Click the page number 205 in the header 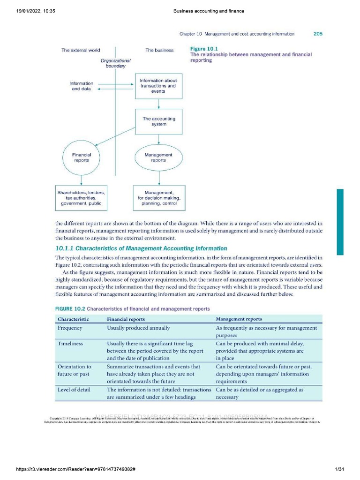pyautogui.click(x=317, y=34)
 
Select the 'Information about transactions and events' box pyautogui.click(x=158, y=86)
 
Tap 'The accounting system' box pyautogui.click(x=159, y=121)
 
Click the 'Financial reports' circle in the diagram pyautogui.click(x=82, y=157)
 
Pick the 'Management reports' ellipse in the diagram pyautogui.click(x=158, y=157)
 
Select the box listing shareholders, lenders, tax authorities pyautogui.click(x=82, y=198)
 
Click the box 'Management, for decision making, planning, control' pyautogui.click(x=159, y=198)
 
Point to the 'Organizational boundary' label pyautogui.click(x=115, y=63)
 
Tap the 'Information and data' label pyautogui.click(x=82, y=86)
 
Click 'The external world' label pyautogui.click(x=81, y=50)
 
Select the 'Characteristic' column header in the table pyautogui.click(x=73, y=319)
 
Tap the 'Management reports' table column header pyautogui.click(x=239, y=319)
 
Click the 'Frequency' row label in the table pyautogui.click(x=70, y=328)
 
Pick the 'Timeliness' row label pyautogui.click(x=70, y=344)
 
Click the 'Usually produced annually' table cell pyautogui.click(x=138, y=328)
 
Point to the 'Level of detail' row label pyautogui.click(x=74, y=390)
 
